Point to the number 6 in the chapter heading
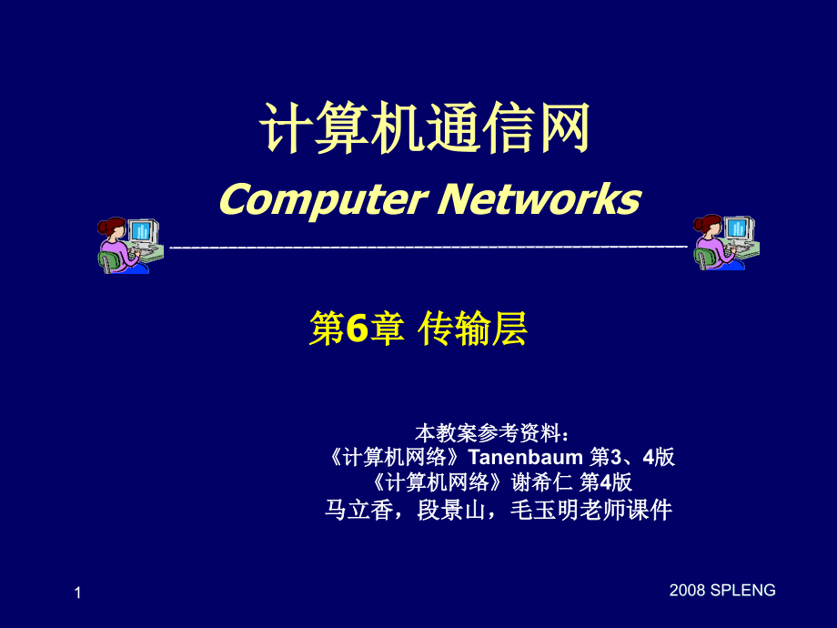click(x=355, y=329)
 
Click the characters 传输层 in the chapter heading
click(x=473, y=329)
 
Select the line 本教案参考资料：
click(x=492, y=430)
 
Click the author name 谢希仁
click(x=543, y=481)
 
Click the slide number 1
click(x=77, y=593)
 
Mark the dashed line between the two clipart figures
click(x=428, y=247)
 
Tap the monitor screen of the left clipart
click(x=142, y=231)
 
